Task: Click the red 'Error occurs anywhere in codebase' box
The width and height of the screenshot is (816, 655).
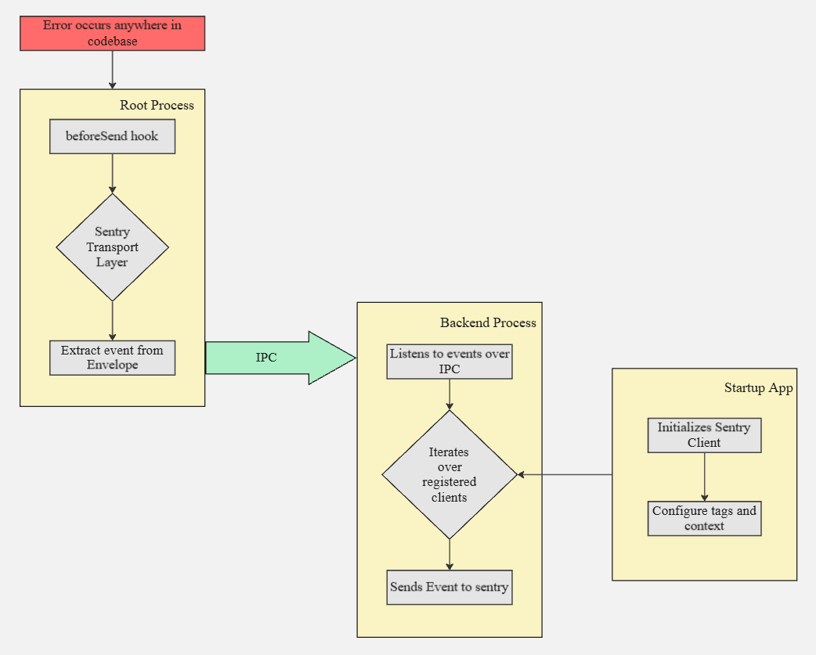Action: point(112,33)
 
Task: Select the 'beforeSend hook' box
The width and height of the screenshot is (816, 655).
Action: point(112,136)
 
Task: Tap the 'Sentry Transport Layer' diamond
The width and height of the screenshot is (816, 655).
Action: point(112,247)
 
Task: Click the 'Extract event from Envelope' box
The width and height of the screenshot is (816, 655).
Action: point(112,358)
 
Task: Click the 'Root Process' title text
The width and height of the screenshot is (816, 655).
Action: point(157,105)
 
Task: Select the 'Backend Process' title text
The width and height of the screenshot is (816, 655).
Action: point(488,322)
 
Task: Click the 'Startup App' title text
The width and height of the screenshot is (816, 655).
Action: point(758,388)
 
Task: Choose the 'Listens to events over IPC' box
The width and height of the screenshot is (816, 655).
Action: point(450,362)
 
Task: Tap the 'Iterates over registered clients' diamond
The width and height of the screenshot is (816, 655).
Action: point(450,474)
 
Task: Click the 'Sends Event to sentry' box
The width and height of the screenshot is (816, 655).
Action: point(450,587)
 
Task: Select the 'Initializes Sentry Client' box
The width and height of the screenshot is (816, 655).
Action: point(704,435)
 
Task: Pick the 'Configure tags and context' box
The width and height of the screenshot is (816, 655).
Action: point(704,518)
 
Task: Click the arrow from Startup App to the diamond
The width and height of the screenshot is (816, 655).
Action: point(564,474)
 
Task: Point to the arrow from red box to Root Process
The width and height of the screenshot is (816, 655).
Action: point(112,70)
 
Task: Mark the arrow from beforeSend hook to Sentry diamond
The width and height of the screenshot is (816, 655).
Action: point(112,173)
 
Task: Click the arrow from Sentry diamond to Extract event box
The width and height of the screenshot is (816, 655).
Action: point(112,320)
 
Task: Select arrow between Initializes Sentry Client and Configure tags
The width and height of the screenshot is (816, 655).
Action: point(704,476)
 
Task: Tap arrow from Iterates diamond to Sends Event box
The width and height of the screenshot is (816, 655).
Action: point(450,554)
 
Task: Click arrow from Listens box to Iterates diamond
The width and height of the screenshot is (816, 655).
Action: point(450,394)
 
